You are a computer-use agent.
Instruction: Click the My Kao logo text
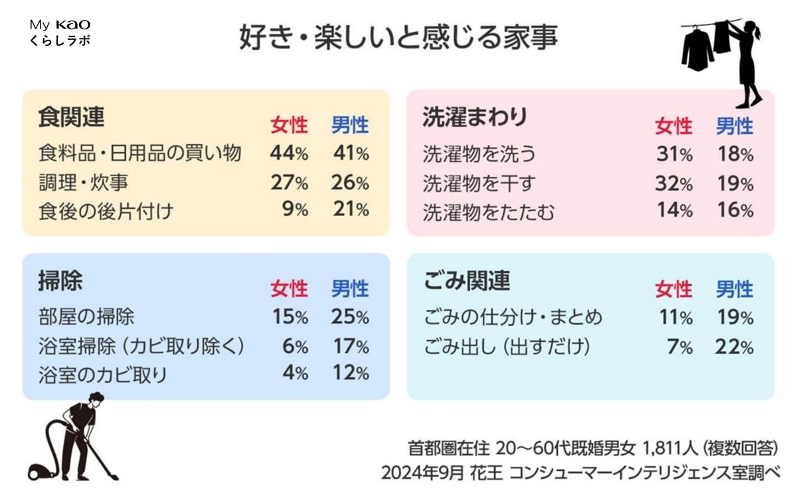[x=60, y=25]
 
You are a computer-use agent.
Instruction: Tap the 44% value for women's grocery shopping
[x=289, y=154]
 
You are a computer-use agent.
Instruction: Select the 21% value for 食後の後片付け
[x=350, y=210]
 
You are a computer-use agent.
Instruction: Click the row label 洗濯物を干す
[x=479, y=183]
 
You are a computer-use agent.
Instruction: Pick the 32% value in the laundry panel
[x=673, y=183]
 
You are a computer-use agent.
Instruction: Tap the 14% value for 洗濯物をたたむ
[x=673, y=211]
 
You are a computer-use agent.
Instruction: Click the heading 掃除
[x=60, y=281]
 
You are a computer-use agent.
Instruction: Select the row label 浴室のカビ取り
[x=103, y=375]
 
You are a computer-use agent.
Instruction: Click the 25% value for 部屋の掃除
[x=350, y=317]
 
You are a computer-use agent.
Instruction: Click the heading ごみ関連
[x=467, y=281]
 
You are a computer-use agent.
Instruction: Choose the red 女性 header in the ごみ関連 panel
[x=673, y=289]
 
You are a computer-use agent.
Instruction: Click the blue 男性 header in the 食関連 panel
[x=350, y=125]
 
